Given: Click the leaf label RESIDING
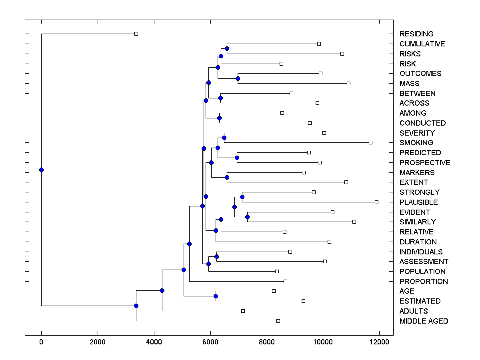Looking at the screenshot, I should [416, 34].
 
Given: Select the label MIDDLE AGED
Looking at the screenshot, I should [424, 321].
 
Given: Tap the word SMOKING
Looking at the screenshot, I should [416, 143].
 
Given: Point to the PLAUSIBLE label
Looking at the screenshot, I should [418, 202].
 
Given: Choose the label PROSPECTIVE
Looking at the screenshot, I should [424, 163].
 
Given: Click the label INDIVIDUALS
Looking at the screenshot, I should [421, 252].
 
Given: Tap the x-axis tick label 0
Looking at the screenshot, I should [41, 342].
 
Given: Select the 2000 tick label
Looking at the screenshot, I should [98, 342].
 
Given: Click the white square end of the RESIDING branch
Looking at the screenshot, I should [136, 34].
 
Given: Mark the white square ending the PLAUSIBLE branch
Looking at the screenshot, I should [376, 202].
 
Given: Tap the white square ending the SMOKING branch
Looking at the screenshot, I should [370, 142].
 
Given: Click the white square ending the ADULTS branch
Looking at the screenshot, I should [243, 311].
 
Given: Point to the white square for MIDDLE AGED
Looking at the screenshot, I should [278, 321].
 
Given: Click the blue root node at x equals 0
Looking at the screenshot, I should [41, 170].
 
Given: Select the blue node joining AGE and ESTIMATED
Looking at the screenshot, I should [216, 296].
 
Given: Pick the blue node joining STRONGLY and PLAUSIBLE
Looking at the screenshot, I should [242, 197].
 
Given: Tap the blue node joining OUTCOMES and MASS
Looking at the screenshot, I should [238, 78].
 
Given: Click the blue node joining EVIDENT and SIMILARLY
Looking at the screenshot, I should [247, 217].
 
